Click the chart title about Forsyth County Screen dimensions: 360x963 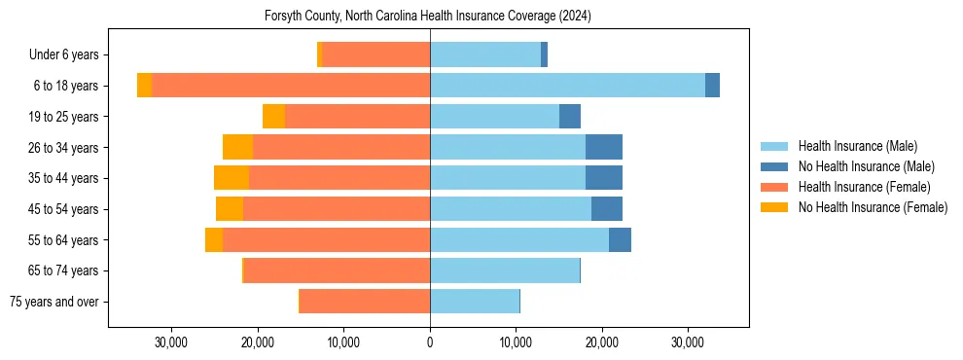[428, 17]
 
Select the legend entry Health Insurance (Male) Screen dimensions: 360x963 [857, 146]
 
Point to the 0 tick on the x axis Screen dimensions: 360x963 [430, 342]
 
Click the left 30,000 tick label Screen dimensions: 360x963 [171, 342]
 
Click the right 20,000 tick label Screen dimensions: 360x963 [602, 342]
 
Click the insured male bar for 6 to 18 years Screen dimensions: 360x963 [567, 86]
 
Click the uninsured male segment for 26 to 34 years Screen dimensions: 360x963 [603, 147]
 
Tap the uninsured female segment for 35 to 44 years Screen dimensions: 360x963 [232, 178]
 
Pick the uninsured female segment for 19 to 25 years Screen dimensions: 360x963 [273, 117]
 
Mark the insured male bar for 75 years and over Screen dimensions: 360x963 [475, 302]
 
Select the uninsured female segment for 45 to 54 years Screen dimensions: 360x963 [230, 209]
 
